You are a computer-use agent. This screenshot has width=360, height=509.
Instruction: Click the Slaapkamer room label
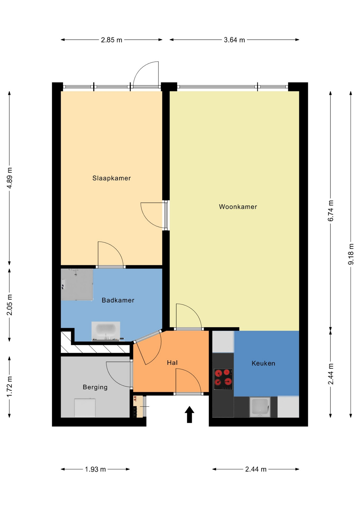(112, 178)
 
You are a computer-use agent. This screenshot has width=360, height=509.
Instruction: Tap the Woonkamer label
(238, 207)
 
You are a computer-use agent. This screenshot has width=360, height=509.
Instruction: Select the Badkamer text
(118, 300)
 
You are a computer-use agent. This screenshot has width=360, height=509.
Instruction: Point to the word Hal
(172, 363)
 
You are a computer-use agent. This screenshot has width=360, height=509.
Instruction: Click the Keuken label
(263, 363)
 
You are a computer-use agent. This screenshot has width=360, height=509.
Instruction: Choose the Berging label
(95, 387)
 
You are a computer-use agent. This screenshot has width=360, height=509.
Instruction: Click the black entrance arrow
(189, 414)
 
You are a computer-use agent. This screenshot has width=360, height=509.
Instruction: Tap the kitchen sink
(260, 407)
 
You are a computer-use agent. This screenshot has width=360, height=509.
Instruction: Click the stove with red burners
(223, 379)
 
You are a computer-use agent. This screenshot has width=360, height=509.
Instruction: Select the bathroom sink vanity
(106, 331)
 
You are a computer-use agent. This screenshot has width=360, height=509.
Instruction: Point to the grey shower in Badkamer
(77, 284)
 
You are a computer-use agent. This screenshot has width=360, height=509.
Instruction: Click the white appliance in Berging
(85, 408)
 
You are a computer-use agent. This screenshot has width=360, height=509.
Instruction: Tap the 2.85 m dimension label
(112, 40)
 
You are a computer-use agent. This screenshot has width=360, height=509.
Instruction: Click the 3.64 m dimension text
(234, 40)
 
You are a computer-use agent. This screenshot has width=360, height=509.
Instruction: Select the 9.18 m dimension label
(351, 254)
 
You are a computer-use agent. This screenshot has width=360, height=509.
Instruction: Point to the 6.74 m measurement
(331, 211)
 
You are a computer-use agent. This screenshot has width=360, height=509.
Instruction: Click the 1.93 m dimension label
(95, 469)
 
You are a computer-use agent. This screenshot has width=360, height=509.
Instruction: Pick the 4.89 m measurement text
(10, 178)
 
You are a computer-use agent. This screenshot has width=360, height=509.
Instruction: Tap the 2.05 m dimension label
(10, 305)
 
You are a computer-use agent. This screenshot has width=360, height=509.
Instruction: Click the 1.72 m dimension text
(10, 387)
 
